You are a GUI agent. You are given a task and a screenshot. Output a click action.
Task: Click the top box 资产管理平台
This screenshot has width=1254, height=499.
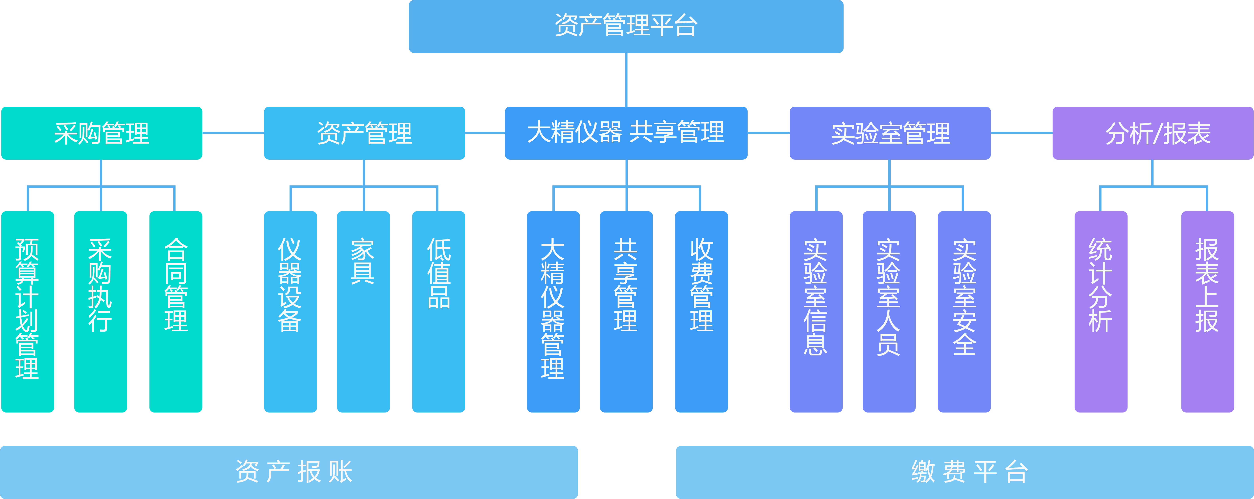[x=626, y=26]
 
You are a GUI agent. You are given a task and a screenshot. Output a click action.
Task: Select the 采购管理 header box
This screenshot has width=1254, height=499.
[x=102, y=133]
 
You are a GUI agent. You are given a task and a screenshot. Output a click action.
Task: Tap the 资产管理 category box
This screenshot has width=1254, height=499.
[x=364, y=133]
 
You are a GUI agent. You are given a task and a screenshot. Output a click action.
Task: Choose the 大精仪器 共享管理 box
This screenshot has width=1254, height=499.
[x=626, y=133]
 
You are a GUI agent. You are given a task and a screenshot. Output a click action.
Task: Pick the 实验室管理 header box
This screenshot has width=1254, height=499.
[x=890, y=133]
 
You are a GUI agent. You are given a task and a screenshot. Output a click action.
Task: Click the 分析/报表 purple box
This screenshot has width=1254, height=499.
[x=1153, y=133]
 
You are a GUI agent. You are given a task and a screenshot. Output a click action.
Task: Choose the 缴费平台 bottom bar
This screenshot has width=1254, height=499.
[x=965, y=472]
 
